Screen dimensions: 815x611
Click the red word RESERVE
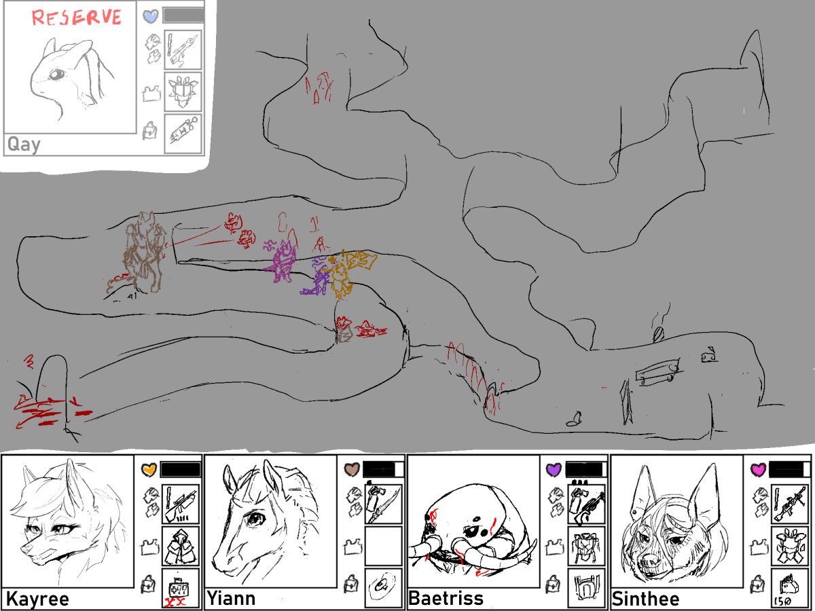77,18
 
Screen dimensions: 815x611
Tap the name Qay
24,145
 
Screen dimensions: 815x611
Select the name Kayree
37,599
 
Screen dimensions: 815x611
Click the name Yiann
231,599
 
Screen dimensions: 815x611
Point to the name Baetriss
446,599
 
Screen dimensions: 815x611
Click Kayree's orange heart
149,470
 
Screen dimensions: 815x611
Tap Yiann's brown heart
352,470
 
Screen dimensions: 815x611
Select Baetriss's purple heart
554,470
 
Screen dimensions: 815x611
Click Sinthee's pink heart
758,470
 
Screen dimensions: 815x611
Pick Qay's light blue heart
151,16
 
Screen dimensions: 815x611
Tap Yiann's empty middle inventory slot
383,546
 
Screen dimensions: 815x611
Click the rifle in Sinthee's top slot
791,504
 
